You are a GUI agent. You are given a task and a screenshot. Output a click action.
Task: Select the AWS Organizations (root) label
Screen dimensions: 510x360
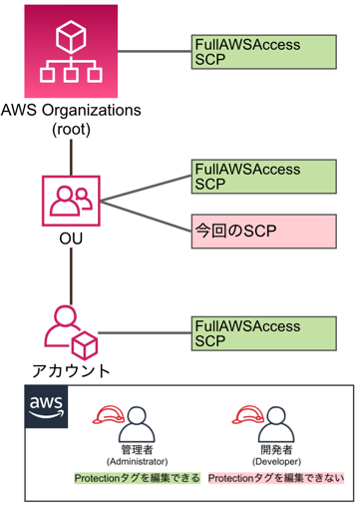[x=72, y=117]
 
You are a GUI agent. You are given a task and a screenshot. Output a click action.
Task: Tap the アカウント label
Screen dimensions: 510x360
[x=71, y=372]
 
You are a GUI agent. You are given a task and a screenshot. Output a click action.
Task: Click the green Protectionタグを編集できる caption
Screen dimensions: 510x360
[x=137, y=479]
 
